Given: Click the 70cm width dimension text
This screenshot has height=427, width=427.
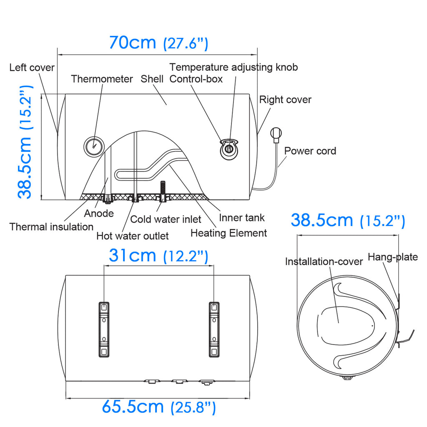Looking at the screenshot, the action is (158, 43).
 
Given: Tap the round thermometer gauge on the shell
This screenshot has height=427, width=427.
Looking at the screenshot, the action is (94, 146).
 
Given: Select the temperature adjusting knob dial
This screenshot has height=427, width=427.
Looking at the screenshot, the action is (229, 149).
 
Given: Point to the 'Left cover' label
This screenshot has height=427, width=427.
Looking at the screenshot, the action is (32, 68).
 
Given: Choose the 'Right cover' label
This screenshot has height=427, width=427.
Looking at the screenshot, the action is (285, 100).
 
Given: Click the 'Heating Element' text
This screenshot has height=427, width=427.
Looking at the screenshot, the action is (229, 233).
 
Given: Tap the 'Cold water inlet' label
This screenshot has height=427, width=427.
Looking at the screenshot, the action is (166, 219).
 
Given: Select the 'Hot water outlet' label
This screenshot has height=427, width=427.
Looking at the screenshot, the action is (133, 236).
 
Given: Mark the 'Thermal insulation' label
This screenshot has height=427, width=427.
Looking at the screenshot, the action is (51, 227).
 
